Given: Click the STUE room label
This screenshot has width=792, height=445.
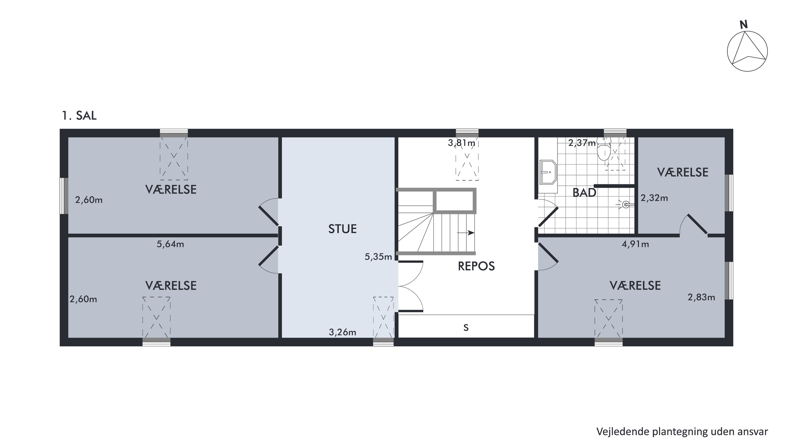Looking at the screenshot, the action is coord(342,229).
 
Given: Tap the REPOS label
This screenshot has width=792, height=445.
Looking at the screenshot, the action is coord(476,266).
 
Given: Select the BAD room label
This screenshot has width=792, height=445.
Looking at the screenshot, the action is coord(584,193).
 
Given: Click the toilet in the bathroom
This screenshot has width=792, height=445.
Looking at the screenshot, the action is coord(603,150).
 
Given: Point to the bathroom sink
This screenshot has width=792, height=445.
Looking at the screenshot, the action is coord(548,176).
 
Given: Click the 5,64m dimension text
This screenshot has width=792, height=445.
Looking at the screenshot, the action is coord(170,244).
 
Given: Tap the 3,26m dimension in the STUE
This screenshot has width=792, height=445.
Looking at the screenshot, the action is coord(343,332).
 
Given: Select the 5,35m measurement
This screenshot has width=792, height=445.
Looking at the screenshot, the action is coord(378,257).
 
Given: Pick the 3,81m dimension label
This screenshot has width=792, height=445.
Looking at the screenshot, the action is coord(461,143).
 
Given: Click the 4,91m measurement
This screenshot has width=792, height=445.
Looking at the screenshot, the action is coord(635,244).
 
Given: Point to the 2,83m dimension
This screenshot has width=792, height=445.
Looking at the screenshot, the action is coord(701,297).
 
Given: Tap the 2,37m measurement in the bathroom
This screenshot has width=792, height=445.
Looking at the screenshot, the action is coord(582,143).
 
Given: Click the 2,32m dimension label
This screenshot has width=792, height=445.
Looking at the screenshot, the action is coord(654,198).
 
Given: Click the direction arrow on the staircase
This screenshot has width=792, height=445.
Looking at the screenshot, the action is coord(466,233).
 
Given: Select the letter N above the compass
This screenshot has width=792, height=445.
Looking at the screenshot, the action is coord(744,25).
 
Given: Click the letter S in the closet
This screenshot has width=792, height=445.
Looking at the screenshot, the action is coord(466,328).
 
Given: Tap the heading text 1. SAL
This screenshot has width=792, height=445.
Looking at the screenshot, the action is coord(79,116).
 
